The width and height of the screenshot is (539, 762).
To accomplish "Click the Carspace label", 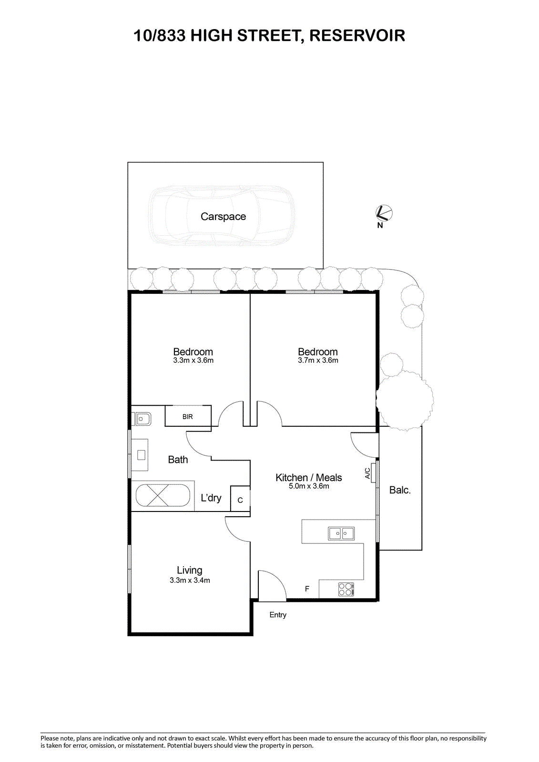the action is coord(223,216).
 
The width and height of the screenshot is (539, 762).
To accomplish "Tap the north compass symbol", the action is coord(384,213).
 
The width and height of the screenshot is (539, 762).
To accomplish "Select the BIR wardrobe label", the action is coord(188,417).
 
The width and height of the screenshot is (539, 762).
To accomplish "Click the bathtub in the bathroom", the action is coord(163,495).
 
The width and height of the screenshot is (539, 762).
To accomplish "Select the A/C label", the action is coord(368,473).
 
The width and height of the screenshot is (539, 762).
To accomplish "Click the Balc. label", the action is coord(400,490).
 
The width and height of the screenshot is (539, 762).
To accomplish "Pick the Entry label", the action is coord(278,614).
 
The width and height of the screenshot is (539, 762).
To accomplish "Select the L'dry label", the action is coord(211,498).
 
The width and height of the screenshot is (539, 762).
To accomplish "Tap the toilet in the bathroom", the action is coord(142,419).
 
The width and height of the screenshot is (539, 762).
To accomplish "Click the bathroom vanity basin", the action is coord(140,454).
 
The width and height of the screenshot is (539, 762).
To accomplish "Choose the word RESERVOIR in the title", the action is coord(357,35).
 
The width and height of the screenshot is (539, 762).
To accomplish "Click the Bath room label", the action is coord(178,460).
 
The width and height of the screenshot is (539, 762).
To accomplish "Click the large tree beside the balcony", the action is coord(405,400).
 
